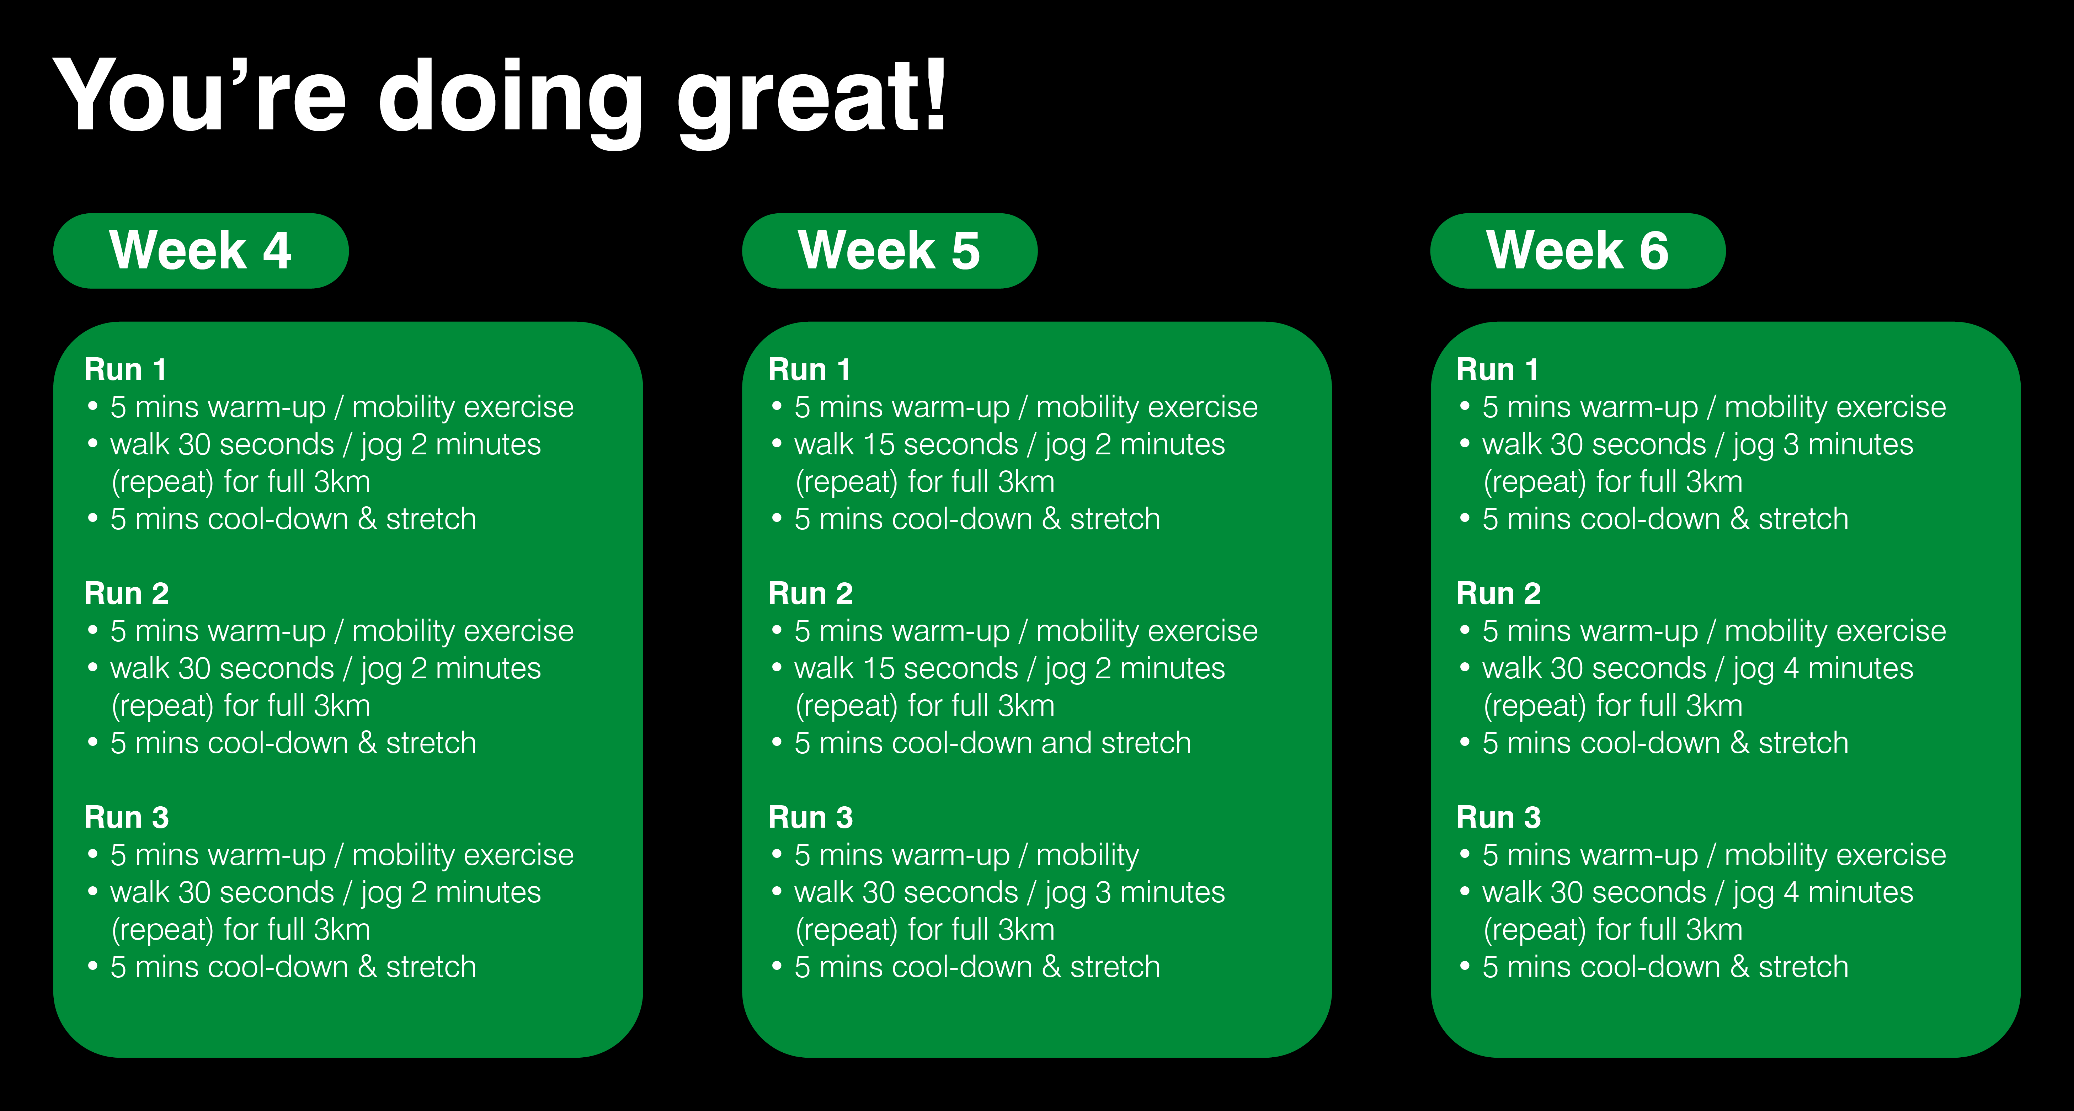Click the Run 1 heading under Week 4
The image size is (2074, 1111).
[126, 369]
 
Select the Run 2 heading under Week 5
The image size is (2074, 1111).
[810, 593]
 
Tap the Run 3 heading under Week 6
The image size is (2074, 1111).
[1498, 817]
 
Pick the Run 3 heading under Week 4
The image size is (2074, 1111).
[127, 817]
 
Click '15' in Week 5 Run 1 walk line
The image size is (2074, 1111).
[878, 444]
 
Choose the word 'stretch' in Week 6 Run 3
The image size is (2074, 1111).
[1803, 967]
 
